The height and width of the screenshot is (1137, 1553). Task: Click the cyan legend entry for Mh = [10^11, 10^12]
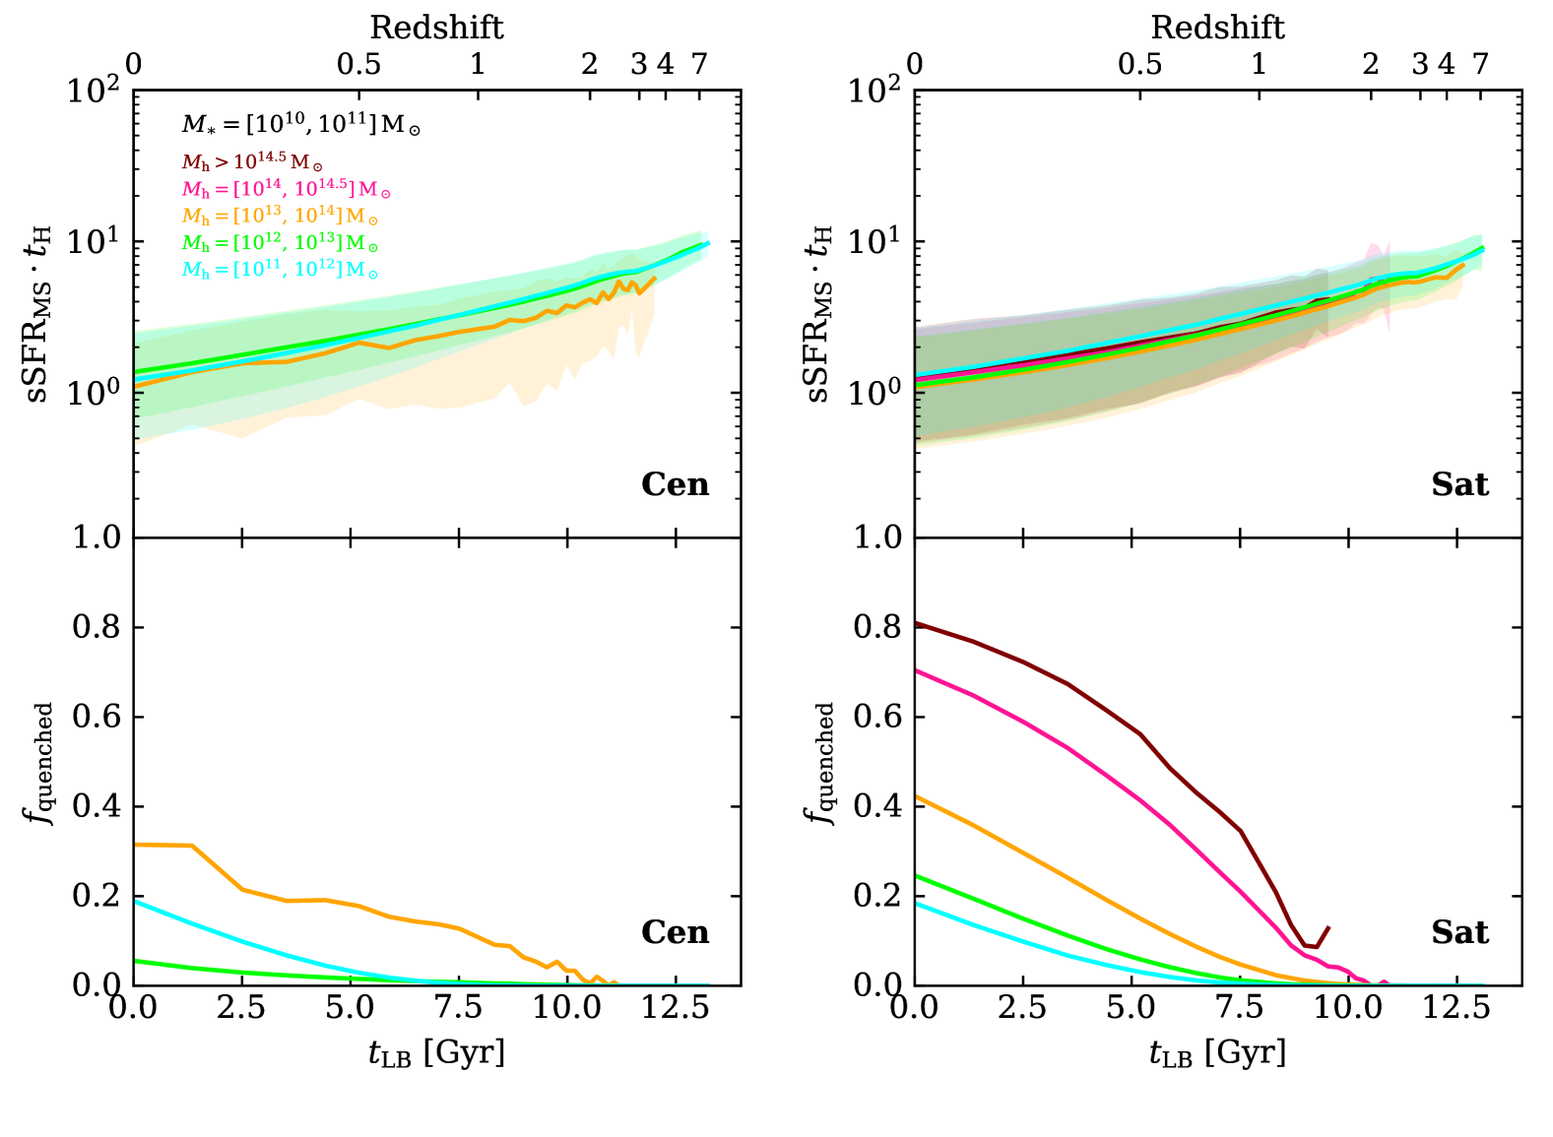[280, 270]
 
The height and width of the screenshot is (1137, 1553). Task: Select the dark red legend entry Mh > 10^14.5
[252, 162]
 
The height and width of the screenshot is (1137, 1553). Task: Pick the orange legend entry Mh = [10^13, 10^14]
[280, 217]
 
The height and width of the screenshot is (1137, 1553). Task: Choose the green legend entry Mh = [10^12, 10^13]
[280, 243]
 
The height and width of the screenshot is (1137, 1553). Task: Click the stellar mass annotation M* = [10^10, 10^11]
[300, 125]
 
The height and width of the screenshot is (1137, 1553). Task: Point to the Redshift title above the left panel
[436, 28]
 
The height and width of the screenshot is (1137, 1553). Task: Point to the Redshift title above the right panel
[1217, 28]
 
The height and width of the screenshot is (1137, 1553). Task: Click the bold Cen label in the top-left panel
[675, 484]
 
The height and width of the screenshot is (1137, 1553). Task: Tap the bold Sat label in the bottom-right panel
[1459, 932]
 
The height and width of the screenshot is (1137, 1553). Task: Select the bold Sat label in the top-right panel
[1459, 484]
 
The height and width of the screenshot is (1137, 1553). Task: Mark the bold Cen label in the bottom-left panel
[675, 932]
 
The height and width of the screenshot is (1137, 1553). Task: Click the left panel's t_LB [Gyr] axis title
[436, 1053]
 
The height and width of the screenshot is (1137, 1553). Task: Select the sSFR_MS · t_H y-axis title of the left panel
[40, 312]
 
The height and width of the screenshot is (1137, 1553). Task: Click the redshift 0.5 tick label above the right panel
[1139, 65]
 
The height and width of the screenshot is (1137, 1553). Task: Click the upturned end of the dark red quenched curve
[1328, 927]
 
